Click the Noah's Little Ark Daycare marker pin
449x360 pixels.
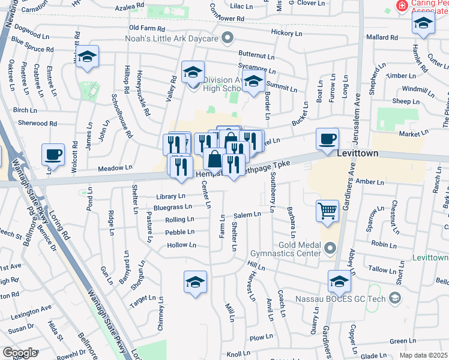pyautogui.click(x=227, y=40)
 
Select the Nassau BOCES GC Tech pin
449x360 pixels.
pyautogui.click(x=394, y=298)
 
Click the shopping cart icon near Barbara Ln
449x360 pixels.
pyautogui.click(x=327, y=211)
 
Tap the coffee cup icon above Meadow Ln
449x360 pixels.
pyautogui.click(x=53, y=154)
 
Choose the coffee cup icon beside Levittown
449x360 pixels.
pyautogui.click(x=327, y=139)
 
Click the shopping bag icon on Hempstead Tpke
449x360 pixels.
pyautogui.click(x=214, y=159)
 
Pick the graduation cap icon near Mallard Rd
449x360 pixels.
pyautogui.click(x=423, y=23)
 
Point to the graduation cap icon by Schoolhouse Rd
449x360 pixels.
pyautogui.click(x=88, y=57)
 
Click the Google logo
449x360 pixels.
pyautogui.click(x=19, y=353)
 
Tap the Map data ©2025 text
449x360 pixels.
pyautogui.click(x=423, y=355)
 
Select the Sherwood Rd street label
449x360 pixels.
pyautogui.click(x=37, y=124)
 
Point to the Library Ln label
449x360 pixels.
pyautogui.click(x=170, y=196)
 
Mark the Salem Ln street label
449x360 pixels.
pyautogui.click(x=247, y=215)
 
